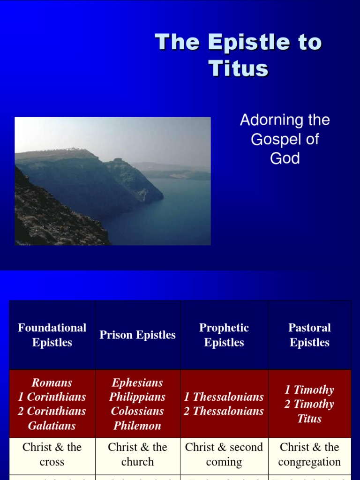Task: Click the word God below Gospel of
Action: click(x=285, y=158)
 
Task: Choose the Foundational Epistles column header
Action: click(x=52, y=335)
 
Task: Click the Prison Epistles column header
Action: click(x=137, y=335)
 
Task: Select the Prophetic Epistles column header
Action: click(x=224, y=335)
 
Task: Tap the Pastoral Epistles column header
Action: click(x=309, y=335)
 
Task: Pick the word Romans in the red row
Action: click(x=52, y=382)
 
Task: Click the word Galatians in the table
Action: click(x=52, y=426)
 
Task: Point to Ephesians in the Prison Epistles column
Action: click(x=137, y=382)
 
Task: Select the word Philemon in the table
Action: click(x=137, y=426)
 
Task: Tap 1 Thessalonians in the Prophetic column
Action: click(x=224, y=397)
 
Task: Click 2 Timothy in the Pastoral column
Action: click(x=309, y=404)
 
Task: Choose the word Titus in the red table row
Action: click(x=309, y=419)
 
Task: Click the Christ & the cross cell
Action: click(x=52, y=454)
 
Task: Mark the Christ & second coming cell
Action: click(x=224, y=454)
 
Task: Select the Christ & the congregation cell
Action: click(x=309, y=454)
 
